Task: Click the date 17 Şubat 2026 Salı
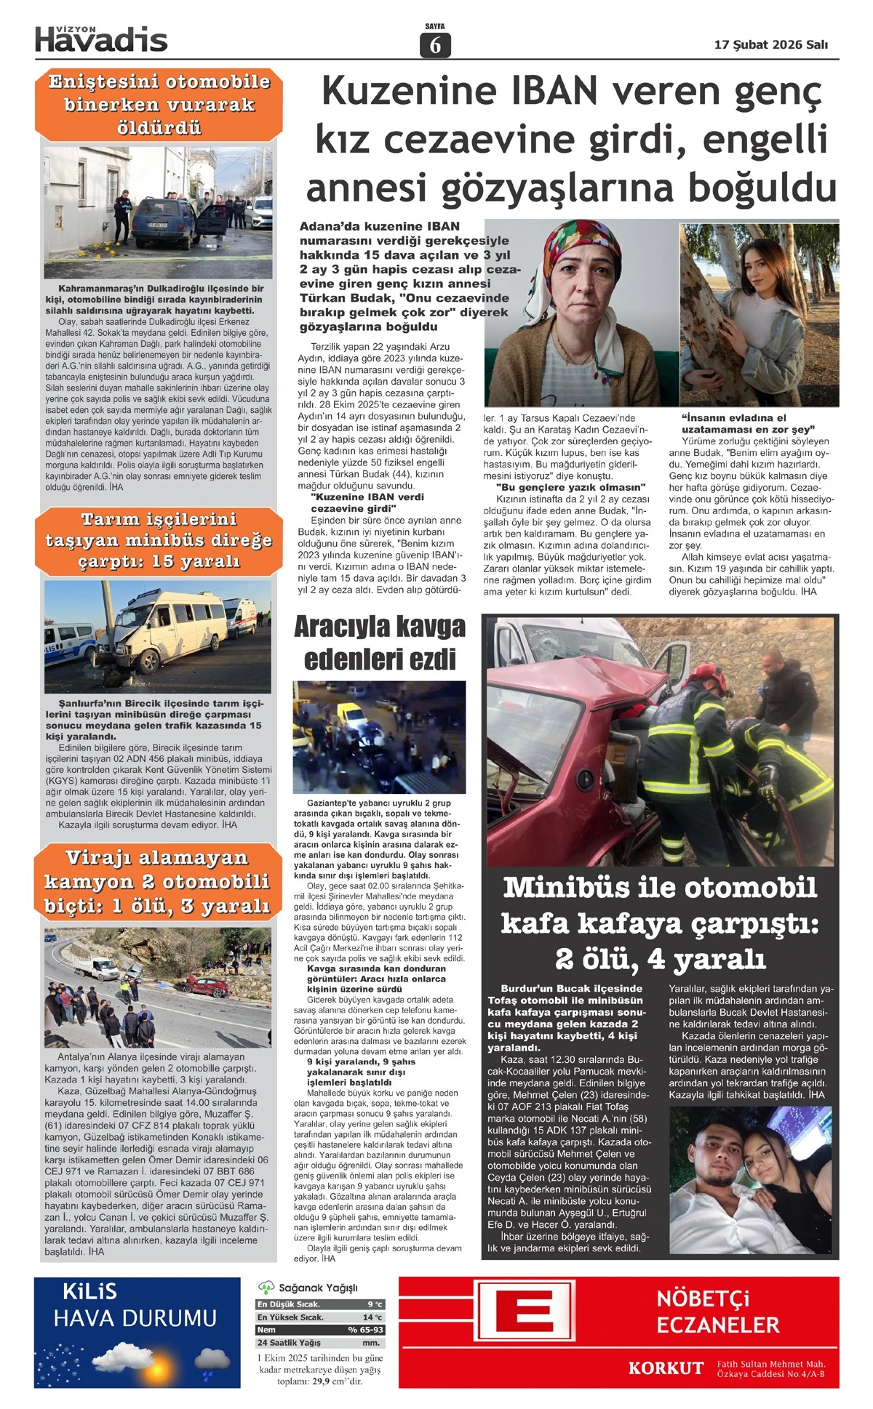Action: pos(770,44)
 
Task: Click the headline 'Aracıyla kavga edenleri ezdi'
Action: pos(379,643)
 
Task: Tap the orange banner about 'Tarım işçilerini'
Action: pos(158,540)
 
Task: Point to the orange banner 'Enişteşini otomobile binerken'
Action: pos(158,105)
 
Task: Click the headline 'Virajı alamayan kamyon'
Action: pos(157,881)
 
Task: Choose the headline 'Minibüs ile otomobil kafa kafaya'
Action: pos(660,923)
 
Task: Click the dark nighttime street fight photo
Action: pos(379,736)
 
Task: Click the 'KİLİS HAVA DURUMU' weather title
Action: pos(135,1306)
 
